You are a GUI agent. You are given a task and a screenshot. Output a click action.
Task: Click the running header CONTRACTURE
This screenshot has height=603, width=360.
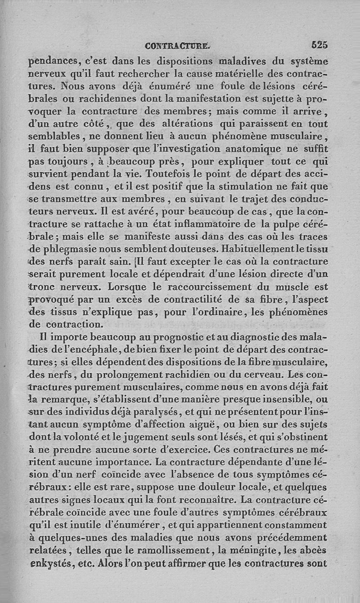176,45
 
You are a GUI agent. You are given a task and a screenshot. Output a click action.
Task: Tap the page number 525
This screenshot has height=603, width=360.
319,45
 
